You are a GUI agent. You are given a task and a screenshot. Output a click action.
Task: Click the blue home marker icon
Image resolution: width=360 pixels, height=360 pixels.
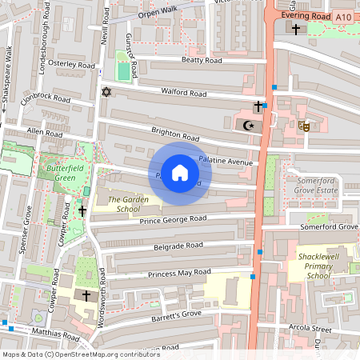tap(180, 174)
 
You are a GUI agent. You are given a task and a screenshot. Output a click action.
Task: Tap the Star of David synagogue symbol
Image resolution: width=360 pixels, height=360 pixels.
tap(104, 91)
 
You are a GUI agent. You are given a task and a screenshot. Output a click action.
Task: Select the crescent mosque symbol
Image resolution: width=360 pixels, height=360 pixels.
tap(247, 125)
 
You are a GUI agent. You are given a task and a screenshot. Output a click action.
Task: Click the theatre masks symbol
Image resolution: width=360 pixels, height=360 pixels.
tap(303, 125)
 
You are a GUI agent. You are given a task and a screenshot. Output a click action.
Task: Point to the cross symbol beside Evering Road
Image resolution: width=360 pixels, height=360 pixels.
tap(296, 30)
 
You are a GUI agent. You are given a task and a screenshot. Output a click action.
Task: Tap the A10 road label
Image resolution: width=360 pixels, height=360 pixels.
tap(343, 17)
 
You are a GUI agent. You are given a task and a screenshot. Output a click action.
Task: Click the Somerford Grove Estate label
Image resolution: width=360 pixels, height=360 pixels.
tap(318, 186)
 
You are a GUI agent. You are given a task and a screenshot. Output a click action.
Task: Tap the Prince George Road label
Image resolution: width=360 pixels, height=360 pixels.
tap(173, 219)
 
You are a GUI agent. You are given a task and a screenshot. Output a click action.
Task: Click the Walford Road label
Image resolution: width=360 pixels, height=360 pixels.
tap(183, 94)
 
